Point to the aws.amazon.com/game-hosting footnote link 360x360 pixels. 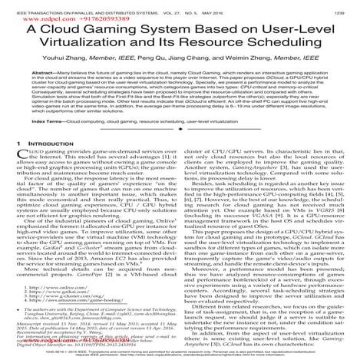(70, 302)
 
